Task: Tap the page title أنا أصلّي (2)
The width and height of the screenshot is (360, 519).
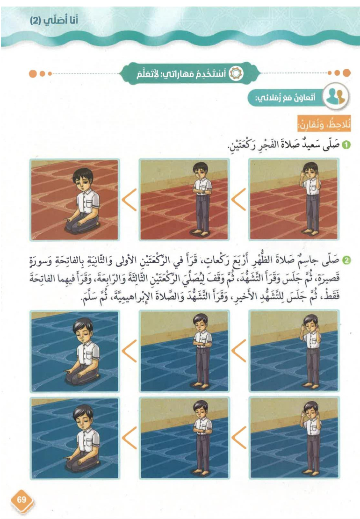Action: [54, 20]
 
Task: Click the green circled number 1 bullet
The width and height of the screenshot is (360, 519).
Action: [346, 144]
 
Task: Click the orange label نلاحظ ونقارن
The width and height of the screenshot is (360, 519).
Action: [324, 123]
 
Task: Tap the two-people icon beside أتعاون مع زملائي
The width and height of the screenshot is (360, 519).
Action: [336, 96]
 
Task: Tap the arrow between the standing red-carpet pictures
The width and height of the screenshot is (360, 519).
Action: [238, 200]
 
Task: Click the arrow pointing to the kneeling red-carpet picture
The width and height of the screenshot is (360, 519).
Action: [129, 200]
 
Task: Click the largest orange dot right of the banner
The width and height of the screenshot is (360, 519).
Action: [346, 73]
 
